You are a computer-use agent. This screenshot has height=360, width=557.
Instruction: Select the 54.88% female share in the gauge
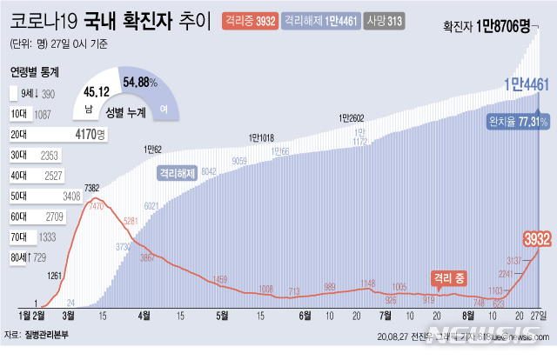click(140, 83)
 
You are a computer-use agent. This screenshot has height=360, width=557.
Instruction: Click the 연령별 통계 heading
click(36, 74)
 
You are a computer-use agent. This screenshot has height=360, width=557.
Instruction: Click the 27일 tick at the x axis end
click(540, 315)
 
